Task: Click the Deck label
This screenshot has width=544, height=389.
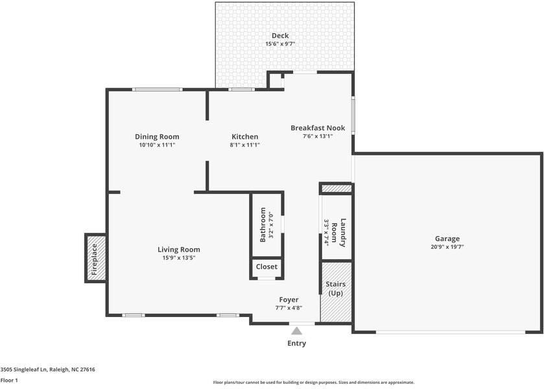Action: [x=280, y=36]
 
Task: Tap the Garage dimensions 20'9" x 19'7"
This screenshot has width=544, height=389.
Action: [x=447, y=247]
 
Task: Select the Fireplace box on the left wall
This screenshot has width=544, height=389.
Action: [x=95, y=258]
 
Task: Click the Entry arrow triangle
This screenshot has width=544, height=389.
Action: [x=296, y=331]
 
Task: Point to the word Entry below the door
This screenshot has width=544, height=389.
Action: [x=296, y=344]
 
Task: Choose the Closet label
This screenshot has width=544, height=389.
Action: [x=266, y=266]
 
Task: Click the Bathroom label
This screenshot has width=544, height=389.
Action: [x=263, y=225]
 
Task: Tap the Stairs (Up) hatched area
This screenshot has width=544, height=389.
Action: [x=336, y=289]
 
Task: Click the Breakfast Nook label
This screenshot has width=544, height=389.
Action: [x=317, y=128]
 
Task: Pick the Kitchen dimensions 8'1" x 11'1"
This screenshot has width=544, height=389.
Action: [x=244, y=145]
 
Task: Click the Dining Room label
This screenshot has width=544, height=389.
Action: [x=157, y=137]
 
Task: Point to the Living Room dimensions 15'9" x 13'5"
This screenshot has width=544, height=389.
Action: [x=178, y=258]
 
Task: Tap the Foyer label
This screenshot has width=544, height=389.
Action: [x=289, y=300]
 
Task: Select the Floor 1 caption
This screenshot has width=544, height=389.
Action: [x=9, y=381]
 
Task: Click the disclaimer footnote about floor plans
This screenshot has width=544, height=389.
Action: [x=313, y=383]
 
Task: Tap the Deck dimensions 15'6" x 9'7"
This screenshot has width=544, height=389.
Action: [x=280, y=44]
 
